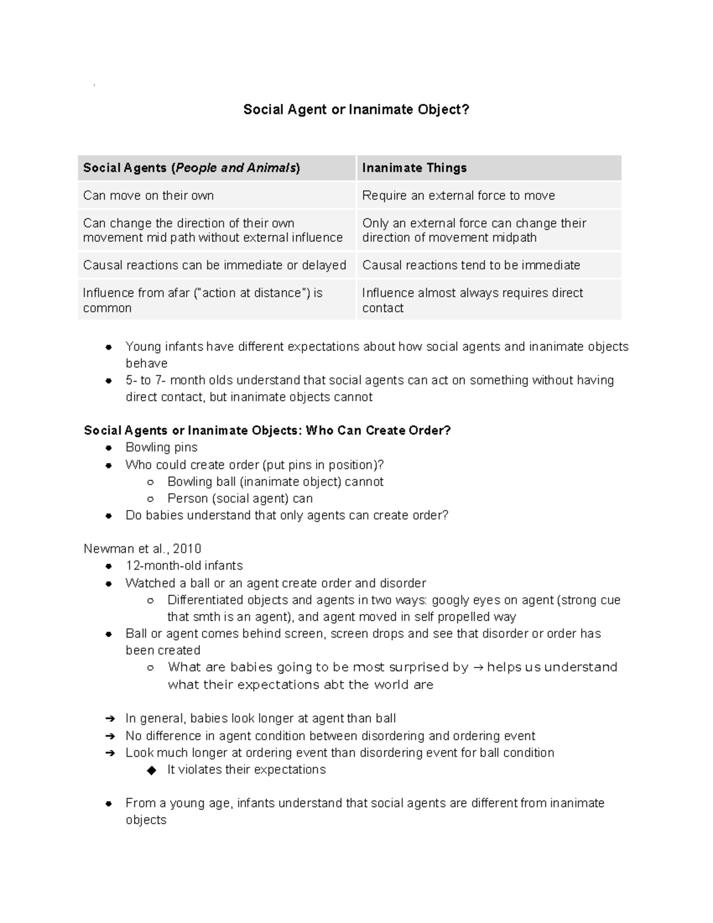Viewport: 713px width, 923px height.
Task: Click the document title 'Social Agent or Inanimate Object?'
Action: click(x=356, y=109)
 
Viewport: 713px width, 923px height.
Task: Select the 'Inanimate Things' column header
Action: click(x=414, y=168)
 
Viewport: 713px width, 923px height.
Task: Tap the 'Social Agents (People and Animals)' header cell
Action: click(x=191, y=168)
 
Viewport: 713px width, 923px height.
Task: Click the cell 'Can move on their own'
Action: click(x=148, y=196)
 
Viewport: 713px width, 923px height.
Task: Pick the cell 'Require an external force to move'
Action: click(x=458, y=196)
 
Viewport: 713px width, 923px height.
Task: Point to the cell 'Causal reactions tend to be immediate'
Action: click(x=471, y=265)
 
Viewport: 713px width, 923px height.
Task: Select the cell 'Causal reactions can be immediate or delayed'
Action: click(x=214, y=265)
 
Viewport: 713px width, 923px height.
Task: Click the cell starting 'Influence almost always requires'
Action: click(x=472, y=300)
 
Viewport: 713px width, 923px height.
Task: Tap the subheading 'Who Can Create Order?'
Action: click(x=378, y=430)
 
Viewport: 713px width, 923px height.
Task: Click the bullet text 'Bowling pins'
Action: click(x=161, y=448)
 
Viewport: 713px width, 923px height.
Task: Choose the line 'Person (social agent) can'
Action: click(x=239, y=499)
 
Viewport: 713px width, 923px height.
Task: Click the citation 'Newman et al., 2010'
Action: click(x=143, y=549)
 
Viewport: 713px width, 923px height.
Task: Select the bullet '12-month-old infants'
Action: click(x=184, y=566)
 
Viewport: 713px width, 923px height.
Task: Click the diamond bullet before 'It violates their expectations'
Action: click(x=152, y=770)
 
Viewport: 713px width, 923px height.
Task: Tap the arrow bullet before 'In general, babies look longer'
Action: click(x=109, y=719)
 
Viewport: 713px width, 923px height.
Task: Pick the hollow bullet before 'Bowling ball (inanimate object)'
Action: click(x=151, y=482)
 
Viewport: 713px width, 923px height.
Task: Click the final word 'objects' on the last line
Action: click(x=146, y=820)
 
